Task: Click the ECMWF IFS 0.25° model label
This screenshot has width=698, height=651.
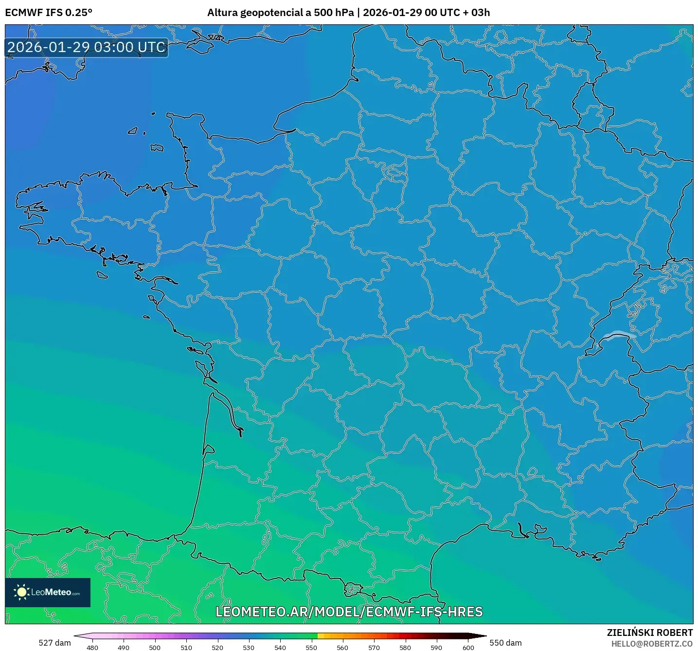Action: [x=49, y=13]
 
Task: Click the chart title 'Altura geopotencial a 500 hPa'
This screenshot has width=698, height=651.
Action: [x=280, y=13]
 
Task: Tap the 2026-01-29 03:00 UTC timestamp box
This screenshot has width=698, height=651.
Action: [x=87, y=48]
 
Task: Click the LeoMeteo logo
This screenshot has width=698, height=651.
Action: [x=48, y=592]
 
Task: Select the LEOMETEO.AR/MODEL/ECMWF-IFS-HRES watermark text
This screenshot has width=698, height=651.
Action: [x=349, y=612]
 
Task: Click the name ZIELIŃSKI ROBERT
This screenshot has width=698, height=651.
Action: [x=649, y=633]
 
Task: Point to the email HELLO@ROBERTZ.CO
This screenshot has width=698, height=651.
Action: [x=652, y=644]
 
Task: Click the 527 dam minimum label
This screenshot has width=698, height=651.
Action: [x=54, y=643]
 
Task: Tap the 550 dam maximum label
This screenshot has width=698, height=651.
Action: [x=505, y=643]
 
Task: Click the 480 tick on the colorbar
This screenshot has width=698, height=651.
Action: [x=92, y=648]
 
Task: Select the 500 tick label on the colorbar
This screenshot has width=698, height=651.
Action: [x=155, y=648]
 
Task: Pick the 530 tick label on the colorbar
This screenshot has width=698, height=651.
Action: [x=249, y=648]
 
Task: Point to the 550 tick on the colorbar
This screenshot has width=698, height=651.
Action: [x=311, y=648]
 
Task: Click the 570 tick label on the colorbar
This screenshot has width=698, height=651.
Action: [x=374, y=648]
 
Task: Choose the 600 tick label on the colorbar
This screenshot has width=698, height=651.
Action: [x=468, y=648]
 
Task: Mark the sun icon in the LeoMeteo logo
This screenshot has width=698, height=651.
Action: [x=21, y=592]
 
